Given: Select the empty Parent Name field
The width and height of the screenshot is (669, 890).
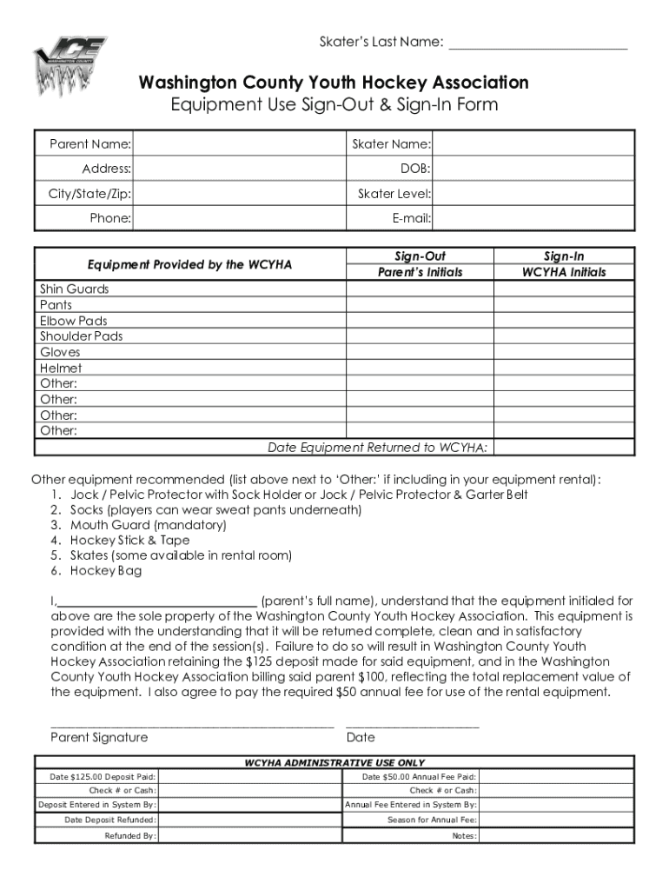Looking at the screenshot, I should [x=239, y=143].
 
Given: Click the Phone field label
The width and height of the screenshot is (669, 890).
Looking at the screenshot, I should [x=110, y=219].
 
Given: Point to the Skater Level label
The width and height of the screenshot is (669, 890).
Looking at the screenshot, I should [x=394, y=194].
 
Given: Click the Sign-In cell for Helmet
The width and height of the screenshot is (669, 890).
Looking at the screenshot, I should [x=564, y=368].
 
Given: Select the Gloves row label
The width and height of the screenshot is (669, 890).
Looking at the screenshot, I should [x=60, y=352].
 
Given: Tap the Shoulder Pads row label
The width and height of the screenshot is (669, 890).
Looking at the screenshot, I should [x=82, y=336].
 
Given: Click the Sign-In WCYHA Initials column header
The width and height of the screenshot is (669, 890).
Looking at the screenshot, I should [x=564, y=264].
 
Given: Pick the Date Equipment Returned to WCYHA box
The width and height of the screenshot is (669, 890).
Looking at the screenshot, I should [x=564, y=448].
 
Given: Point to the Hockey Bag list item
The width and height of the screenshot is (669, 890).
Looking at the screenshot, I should [x=106, y=571].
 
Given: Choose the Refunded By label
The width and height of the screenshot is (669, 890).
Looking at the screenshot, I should [x=130, y=836].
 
